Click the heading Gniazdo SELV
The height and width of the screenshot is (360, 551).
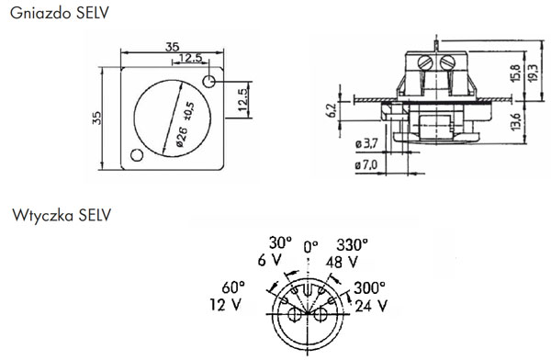click(x=60, y=13)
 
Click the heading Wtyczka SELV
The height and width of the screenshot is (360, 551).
click(x=62, y=215)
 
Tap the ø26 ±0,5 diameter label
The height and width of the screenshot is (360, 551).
click(x=185, y=124)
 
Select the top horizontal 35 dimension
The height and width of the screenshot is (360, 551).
click(x=173, y=47)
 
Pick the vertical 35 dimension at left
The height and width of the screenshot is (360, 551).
click(x=96, y=118)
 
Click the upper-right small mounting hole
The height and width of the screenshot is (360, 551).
click(x=209, y=82)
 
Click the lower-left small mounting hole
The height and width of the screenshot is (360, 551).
click(x=137, y=154)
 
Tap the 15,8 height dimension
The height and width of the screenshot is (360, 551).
click(x=516, y=73)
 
